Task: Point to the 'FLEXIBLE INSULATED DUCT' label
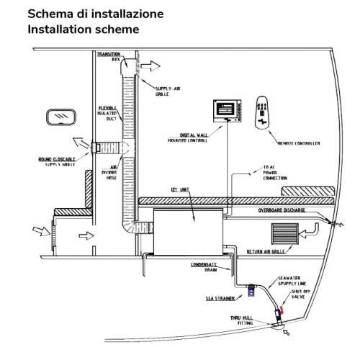click(112, 112)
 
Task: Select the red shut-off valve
click(279, 311)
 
